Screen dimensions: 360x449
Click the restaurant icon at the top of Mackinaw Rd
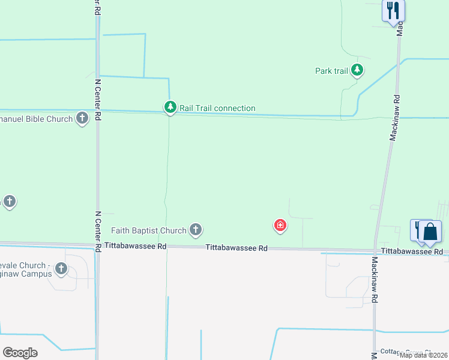pos(393,11)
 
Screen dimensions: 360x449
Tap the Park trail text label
pos(331,71)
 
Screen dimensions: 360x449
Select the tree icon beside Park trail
pos(357,70)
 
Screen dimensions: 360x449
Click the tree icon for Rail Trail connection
pos(170,107)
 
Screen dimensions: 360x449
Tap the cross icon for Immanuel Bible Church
pos(82,118)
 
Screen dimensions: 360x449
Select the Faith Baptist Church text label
pos(149,230)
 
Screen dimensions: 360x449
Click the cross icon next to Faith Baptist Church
pos(195,229)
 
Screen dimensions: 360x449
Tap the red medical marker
pos(280,226)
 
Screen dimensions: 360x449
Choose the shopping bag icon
pos(430,231)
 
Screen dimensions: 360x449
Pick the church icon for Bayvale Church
pos(61,269)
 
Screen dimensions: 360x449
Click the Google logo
pos(20,352)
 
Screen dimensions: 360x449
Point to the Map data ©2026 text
pos(423,355)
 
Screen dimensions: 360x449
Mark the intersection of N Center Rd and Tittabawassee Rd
pos(97,246)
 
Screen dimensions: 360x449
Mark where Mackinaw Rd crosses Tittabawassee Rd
pos(376,250)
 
